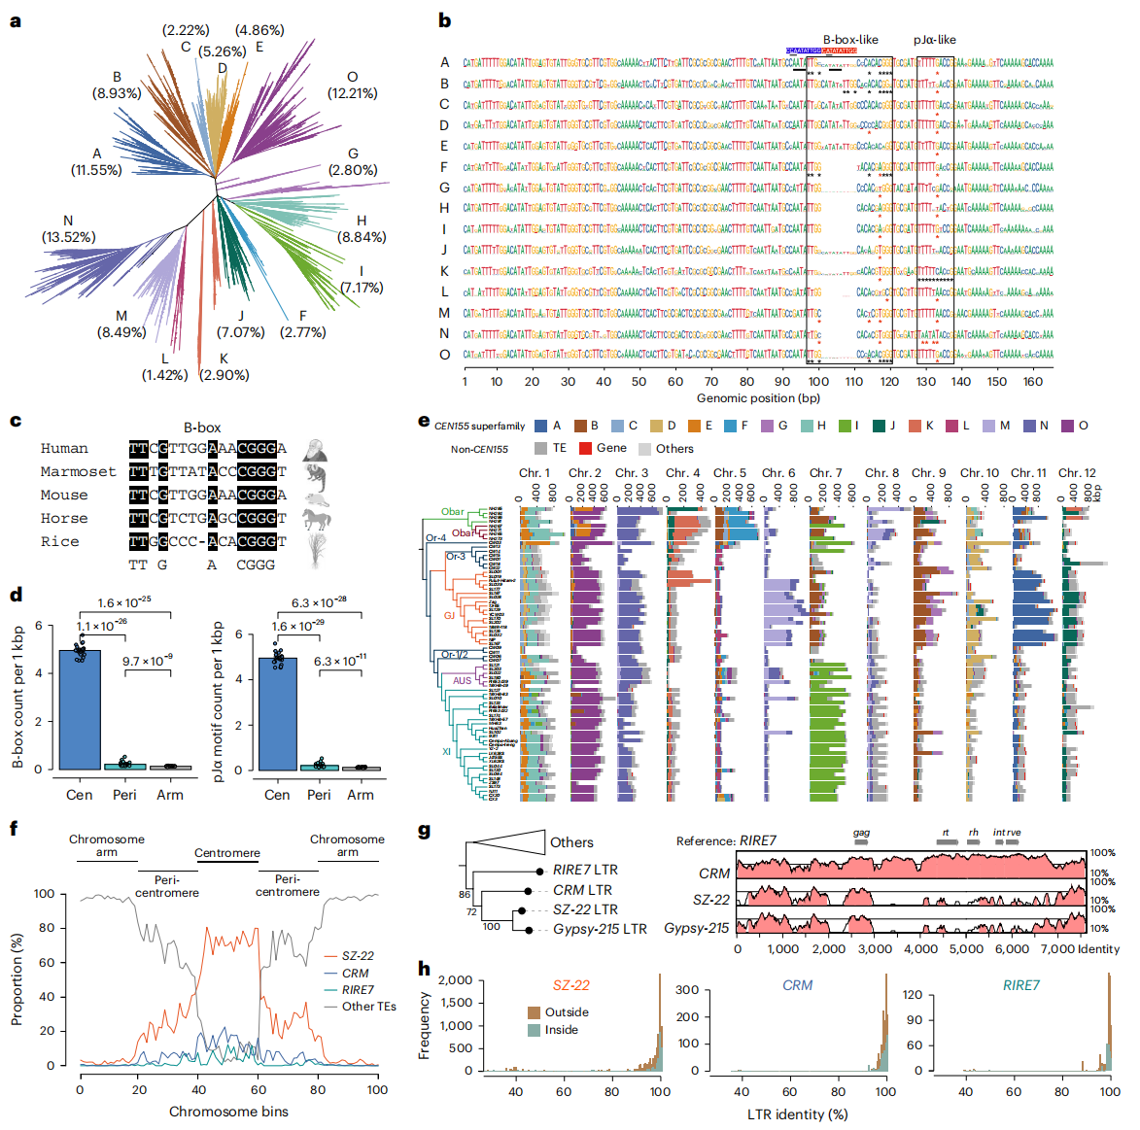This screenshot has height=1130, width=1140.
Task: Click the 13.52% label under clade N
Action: (68, 237)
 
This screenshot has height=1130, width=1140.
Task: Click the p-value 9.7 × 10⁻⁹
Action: (148, 661)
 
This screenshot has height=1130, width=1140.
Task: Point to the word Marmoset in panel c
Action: (78, 472)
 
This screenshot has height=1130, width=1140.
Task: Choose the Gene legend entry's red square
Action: (585, 448)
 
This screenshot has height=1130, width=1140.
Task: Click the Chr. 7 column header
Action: (825, 473)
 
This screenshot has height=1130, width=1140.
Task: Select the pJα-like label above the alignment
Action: (934, 40)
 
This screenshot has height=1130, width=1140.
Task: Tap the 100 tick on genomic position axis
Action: (818, 382)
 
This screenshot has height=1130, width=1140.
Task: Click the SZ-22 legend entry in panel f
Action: (358, 956)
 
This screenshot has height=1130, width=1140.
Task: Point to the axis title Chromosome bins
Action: (228, 1112)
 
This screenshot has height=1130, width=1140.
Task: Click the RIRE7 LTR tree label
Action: (585, 870)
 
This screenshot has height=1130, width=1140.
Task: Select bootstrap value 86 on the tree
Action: (465, 895)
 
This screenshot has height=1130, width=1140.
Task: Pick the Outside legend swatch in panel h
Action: (534, 1012)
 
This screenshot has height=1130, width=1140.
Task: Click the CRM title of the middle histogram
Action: (797, 985)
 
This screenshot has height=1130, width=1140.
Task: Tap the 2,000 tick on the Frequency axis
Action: (455, 980)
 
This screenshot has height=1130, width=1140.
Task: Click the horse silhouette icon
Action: (317, 519)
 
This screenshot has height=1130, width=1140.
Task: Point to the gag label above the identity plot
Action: (861, 833)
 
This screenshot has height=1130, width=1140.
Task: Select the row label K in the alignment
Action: (444, 271)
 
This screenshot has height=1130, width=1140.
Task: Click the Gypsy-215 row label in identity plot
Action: (696, 928)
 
